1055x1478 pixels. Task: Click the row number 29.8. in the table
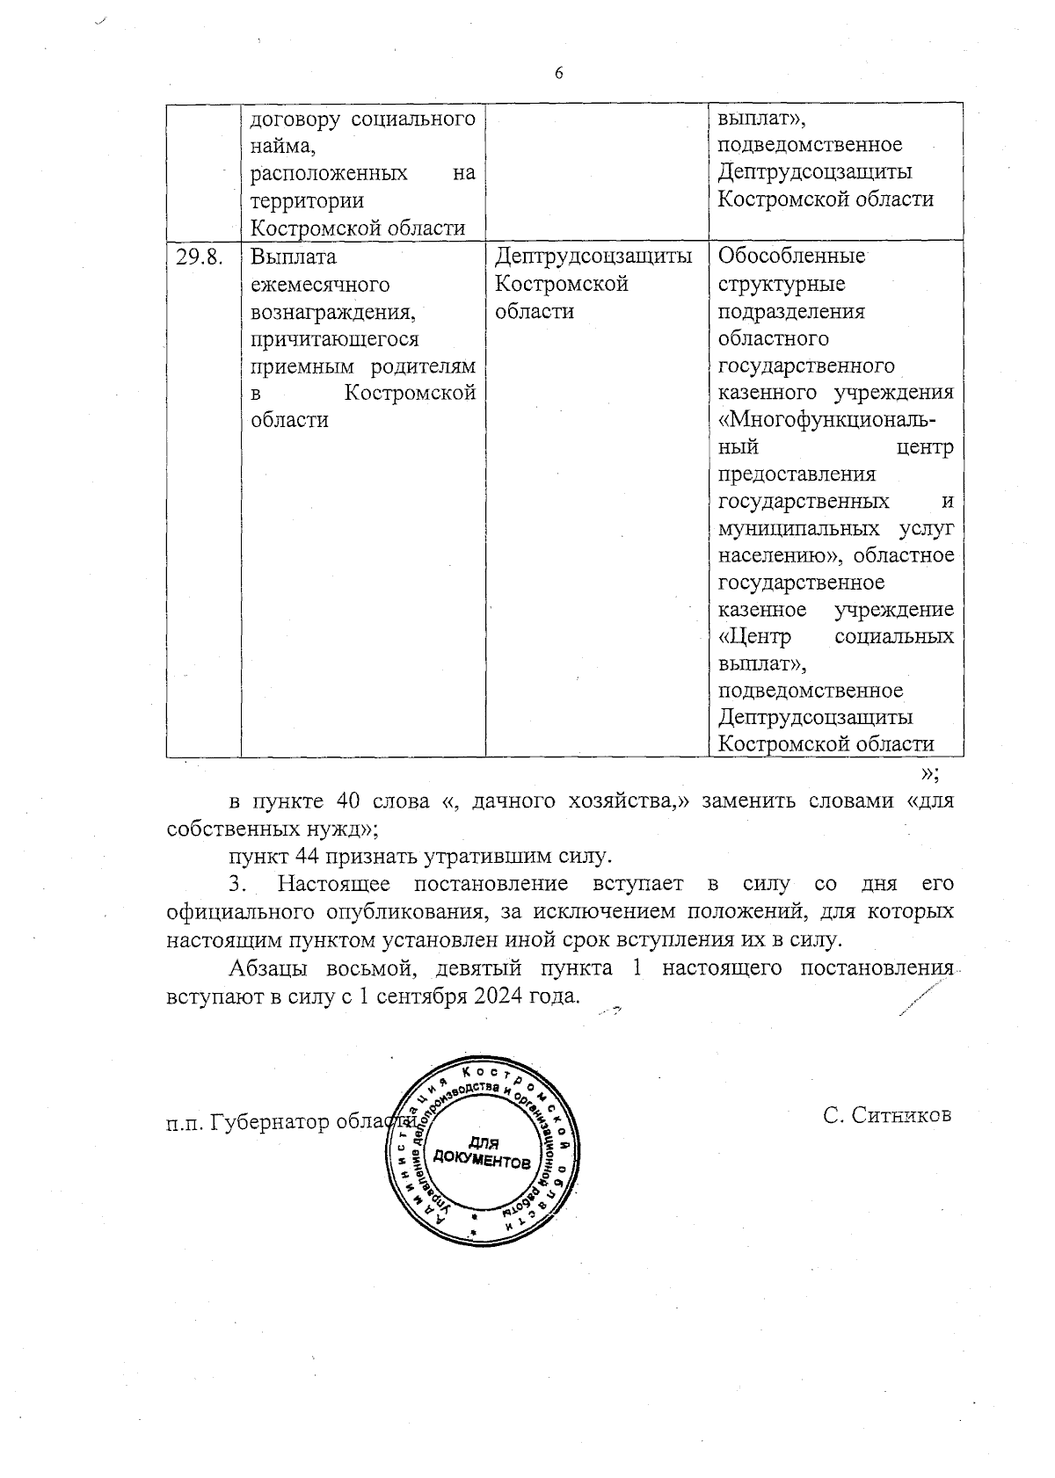pyautogui.click(x=200, y=257)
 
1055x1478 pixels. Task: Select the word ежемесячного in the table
pyautogui.click(x=320, y=285)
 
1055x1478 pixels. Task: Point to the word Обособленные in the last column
pyautogui.click(x=791, y=257)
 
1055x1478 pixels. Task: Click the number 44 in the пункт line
pyautogui.click(x=306, y=855)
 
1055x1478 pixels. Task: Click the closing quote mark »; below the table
pyautogui.click(x=929, y=773)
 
